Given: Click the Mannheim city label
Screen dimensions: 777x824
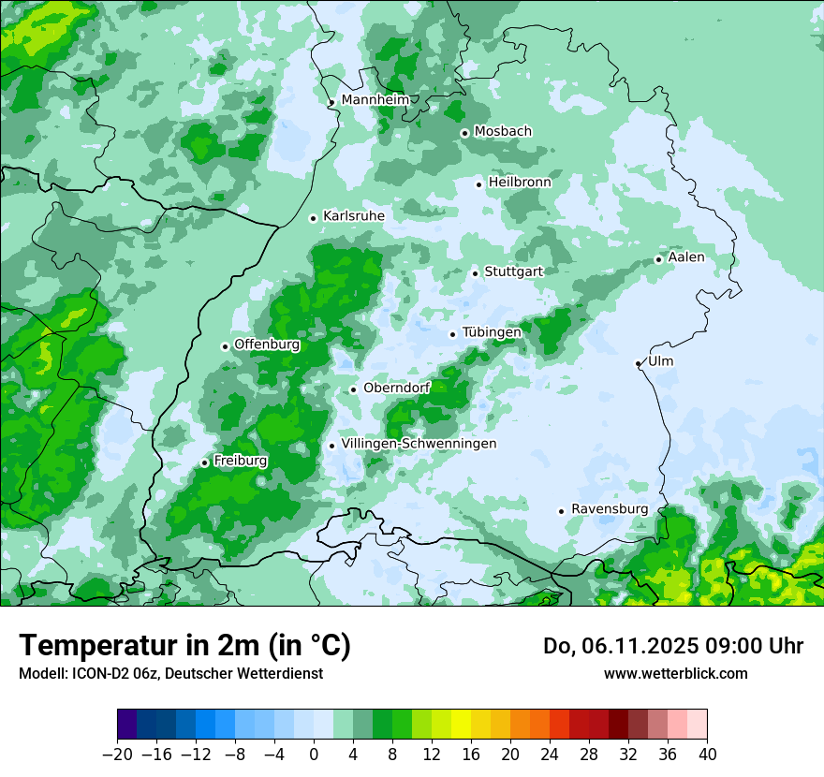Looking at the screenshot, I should click(x=375, y=99).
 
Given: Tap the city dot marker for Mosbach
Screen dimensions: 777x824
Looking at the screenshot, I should click(x=464, y=133).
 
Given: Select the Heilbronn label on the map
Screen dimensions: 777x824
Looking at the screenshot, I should click(x=520, y=182).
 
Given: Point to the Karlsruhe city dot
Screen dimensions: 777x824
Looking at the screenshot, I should click(x=314, y=218).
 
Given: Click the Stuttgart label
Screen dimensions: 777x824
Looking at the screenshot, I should click(x=513, y=271).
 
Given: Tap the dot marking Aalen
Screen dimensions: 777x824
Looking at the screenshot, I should click(x=658, y=259).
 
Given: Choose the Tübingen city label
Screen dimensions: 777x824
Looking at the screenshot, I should click(x=492, y=332).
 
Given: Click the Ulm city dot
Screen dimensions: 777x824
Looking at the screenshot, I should click(x=638, y=363).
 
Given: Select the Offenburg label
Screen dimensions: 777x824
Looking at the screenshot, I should click(x=267, y=344).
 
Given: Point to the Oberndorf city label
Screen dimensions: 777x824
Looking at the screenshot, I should click(x=396, y=388).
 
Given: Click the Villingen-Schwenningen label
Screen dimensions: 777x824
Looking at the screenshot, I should click(x=419, y=443).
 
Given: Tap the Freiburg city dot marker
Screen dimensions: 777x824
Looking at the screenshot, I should click(x=204, y=462).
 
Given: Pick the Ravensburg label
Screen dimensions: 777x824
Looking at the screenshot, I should click(x=610, y=508).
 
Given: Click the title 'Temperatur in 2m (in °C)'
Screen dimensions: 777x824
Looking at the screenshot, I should click(x=184, y=645).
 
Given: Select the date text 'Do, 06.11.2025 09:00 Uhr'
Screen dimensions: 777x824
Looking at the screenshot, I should click(x=672, y=646).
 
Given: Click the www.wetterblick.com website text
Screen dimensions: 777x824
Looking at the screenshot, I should click(x=675, y=673).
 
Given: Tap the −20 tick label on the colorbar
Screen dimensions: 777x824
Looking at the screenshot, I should click(x=117, y=755).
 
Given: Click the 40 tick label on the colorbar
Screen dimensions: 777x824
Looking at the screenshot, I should click(x=707, y=755).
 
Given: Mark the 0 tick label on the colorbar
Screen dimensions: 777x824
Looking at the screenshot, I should click(x=314, y=755).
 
